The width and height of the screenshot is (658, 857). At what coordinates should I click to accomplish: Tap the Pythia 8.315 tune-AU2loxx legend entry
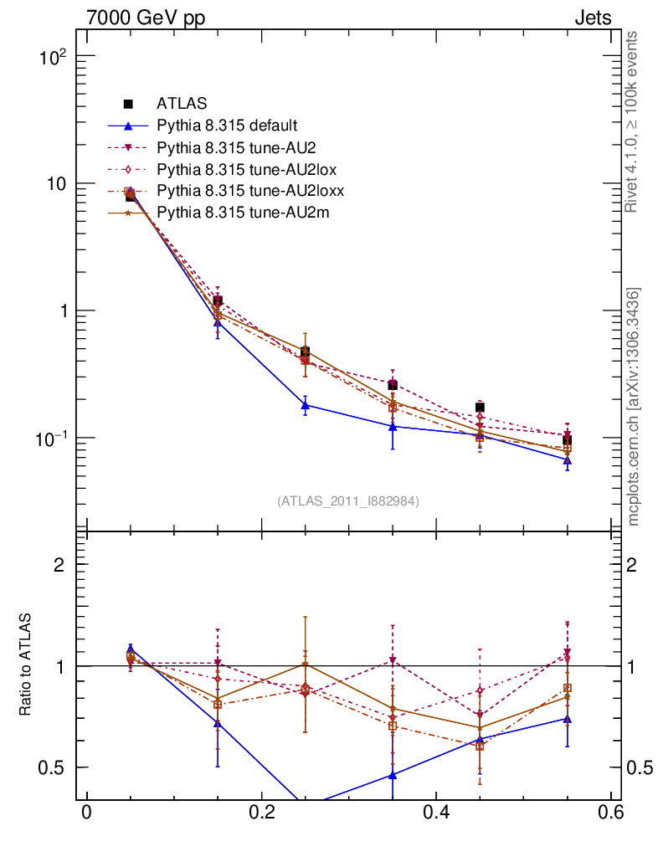click(x=250, y=191)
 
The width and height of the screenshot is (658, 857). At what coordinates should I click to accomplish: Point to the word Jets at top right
click(x=592, y=18)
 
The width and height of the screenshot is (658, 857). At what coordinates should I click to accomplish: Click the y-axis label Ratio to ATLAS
click(x=25, y=665)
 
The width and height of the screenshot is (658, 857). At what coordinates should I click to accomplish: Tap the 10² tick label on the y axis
click(x=53, y=57)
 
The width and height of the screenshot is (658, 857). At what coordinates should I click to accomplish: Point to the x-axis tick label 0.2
click(x=261, y=814)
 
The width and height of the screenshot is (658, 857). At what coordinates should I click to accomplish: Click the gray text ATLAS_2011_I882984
click(x=347, y=500)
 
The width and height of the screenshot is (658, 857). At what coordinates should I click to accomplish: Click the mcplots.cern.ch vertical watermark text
click(x=633, y=406)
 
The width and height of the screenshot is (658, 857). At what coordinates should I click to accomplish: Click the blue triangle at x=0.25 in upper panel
click(x=305, y=405)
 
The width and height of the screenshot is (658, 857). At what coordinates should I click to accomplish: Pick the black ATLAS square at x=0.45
click(x=480, y=408)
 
